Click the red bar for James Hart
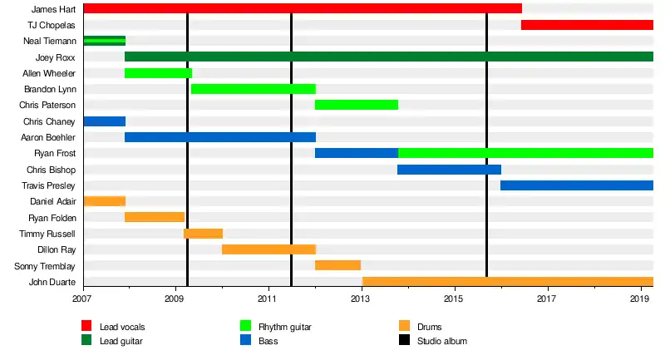[x=303, y=8]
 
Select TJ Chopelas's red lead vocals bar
[x=587, y=25]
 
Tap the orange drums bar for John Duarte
[x=508, y=281]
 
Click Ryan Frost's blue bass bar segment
[x=357, y=153]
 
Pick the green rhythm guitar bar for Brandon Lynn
[x=254, y=89]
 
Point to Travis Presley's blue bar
[x=577, y=185]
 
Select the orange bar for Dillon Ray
[x=268, y=249]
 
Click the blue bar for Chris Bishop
[x=449, y=170]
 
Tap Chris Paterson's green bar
[x=357, y=105]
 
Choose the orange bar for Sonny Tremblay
[x=337, y=265]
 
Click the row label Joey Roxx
[x=56, y=57]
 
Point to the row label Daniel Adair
[x=52, y=201]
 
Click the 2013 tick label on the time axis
[x=361, y=298]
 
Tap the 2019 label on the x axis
[x=640, y=298]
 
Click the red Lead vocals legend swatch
[x=86, y=327]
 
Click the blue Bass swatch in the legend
[x=245, y=341]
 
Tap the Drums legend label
[x=430, y=327]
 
